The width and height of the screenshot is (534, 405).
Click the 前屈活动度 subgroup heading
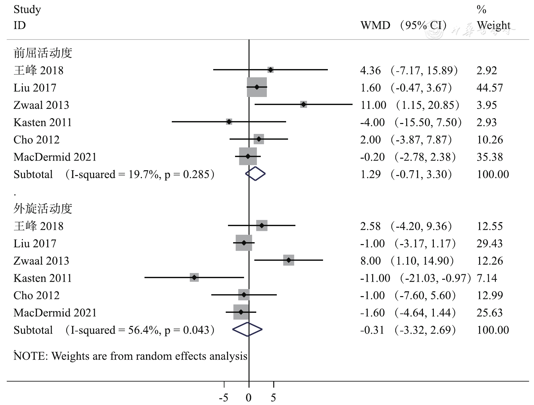click(x=43, y=53)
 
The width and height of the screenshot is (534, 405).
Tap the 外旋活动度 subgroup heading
click(x=43, y=209)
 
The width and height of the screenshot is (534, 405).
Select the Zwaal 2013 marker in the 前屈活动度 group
click(x=303, y=104)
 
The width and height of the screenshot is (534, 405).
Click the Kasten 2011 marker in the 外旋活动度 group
click(x=194, y=277)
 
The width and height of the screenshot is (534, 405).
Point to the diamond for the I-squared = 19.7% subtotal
click(x=255, y=174)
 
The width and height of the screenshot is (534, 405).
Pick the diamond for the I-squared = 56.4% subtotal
click(x=247, y=330)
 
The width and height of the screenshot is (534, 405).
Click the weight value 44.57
click(x=489, y=88)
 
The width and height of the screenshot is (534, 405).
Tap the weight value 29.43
click(x=489, y=243)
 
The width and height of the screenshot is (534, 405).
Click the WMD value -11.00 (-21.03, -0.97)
click(x=416, y=278)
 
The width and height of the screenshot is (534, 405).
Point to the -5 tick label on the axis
click(x=223, y=398)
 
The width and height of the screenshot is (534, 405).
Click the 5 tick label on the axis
click(x=273, y=398)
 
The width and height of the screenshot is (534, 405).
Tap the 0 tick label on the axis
click(x=249, y=398)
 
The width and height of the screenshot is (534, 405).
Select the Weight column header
click(x=493, y=25)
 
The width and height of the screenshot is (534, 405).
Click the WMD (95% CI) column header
click(x=403, y=25)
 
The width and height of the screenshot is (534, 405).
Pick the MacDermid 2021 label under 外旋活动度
click(x=55, y=313)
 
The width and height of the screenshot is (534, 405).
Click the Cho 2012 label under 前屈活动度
click(x=36, y=140)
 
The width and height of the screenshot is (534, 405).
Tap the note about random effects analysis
click(x=130, y=356)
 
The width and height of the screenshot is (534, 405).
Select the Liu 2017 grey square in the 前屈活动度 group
click(x=257, y=87)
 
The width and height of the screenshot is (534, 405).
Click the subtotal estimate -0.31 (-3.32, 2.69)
click(x=408, y=330)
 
